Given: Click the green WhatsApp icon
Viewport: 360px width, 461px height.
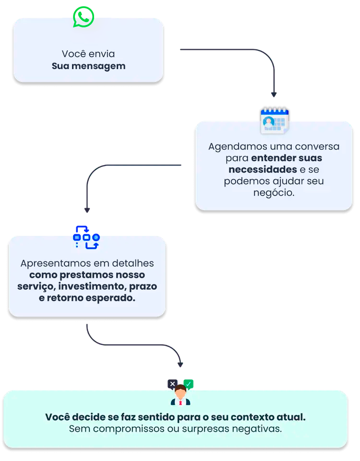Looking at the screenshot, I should tap(83, 17).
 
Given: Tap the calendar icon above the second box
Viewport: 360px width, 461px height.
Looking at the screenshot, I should tap(274, 120).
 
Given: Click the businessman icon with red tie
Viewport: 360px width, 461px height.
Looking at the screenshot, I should tap(180, 395).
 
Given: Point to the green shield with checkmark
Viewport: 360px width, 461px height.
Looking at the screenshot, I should tap(189, 384).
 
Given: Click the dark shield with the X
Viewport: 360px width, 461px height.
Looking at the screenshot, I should tap(172, 384).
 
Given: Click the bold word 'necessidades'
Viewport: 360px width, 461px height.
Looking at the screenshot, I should tap(263, 169).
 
